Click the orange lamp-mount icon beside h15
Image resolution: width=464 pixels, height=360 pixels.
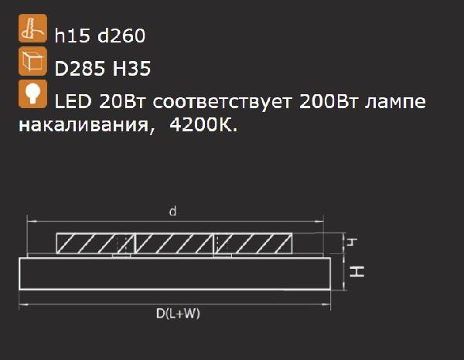click(32, 28)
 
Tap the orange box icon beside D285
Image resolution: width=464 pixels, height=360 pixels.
click(32, 61)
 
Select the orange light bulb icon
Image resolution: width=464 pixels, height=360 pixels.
click(32, 94)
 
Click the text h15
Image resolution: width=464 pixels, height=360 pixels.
click(72, 36)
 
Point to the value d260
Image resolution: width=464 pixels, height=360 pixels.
click(121, 36)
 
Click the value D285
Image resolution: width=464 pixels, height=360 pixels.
click(80, 69)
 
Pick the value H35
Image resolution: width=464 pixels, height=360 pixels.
click(131, 69)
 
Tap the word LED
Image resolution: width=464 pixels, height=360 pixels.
click(73, 101)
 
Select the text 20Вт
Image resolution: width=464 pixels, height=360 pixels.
click(122, 101)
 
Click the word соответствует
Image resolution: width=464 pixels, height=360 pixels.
click(223, 102)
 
